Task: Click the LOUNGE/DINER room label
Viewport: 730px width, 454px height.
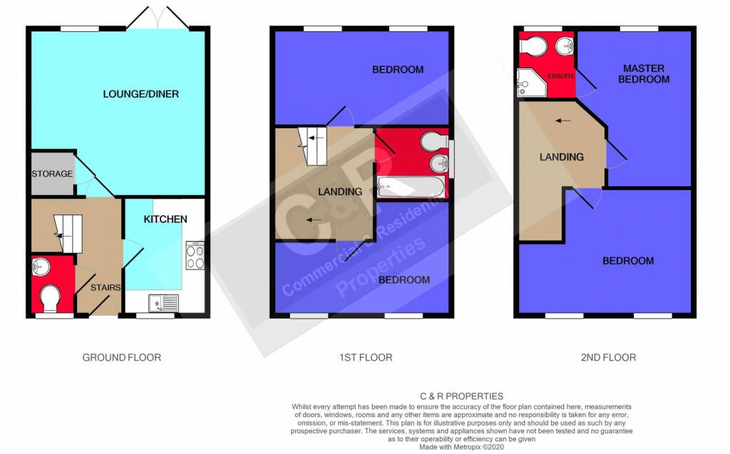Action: [x=140, y=94]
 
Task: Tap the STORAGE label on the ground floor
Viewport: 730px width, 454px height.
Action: [x=52, y=174]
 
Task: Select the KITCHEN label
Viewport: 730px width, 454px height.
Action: [x=165, y=219]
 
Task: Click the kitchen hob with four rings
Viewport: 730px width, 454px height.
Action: [x=195, y=255]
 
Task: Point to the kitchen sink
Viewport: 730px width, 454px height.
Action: [x=163, y=303]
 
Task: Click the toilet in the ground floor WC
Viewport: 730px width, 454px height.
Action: [x=50, y=299]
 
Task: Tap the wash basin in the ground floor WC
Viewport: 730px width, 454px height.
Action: [x=41, y=267]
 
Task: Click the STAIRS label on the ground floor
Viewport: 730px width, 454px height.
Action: [x=106, y=288]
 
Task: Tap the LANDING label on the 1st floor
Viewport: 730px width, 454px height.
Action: [x=340, y=192]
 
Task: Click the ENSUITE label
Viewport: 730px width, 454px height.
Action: [x=560, y=76]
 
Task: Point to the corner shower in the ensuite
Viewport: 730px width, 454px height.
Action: [x=531, y=83]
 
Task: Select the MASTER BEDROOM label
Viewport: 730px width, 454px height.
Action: [x=644, y=73]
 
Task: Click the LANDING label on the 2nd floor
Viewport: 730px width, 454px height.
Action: [x=562, y=157]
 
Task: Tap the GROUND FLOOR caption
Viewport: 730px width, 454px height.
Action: [x=121, y=358]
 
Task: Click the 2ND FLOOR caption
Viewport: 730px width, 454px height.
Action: [x=609, y=358]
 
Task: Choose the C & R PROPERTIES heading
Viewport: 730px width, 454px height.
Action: [x=461, y=396]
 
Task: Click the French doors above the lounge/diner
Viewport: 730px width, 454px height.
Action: [x=158, y=19]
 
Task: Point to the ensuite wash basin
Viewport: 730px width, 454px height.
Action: [x=565, y=45]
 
